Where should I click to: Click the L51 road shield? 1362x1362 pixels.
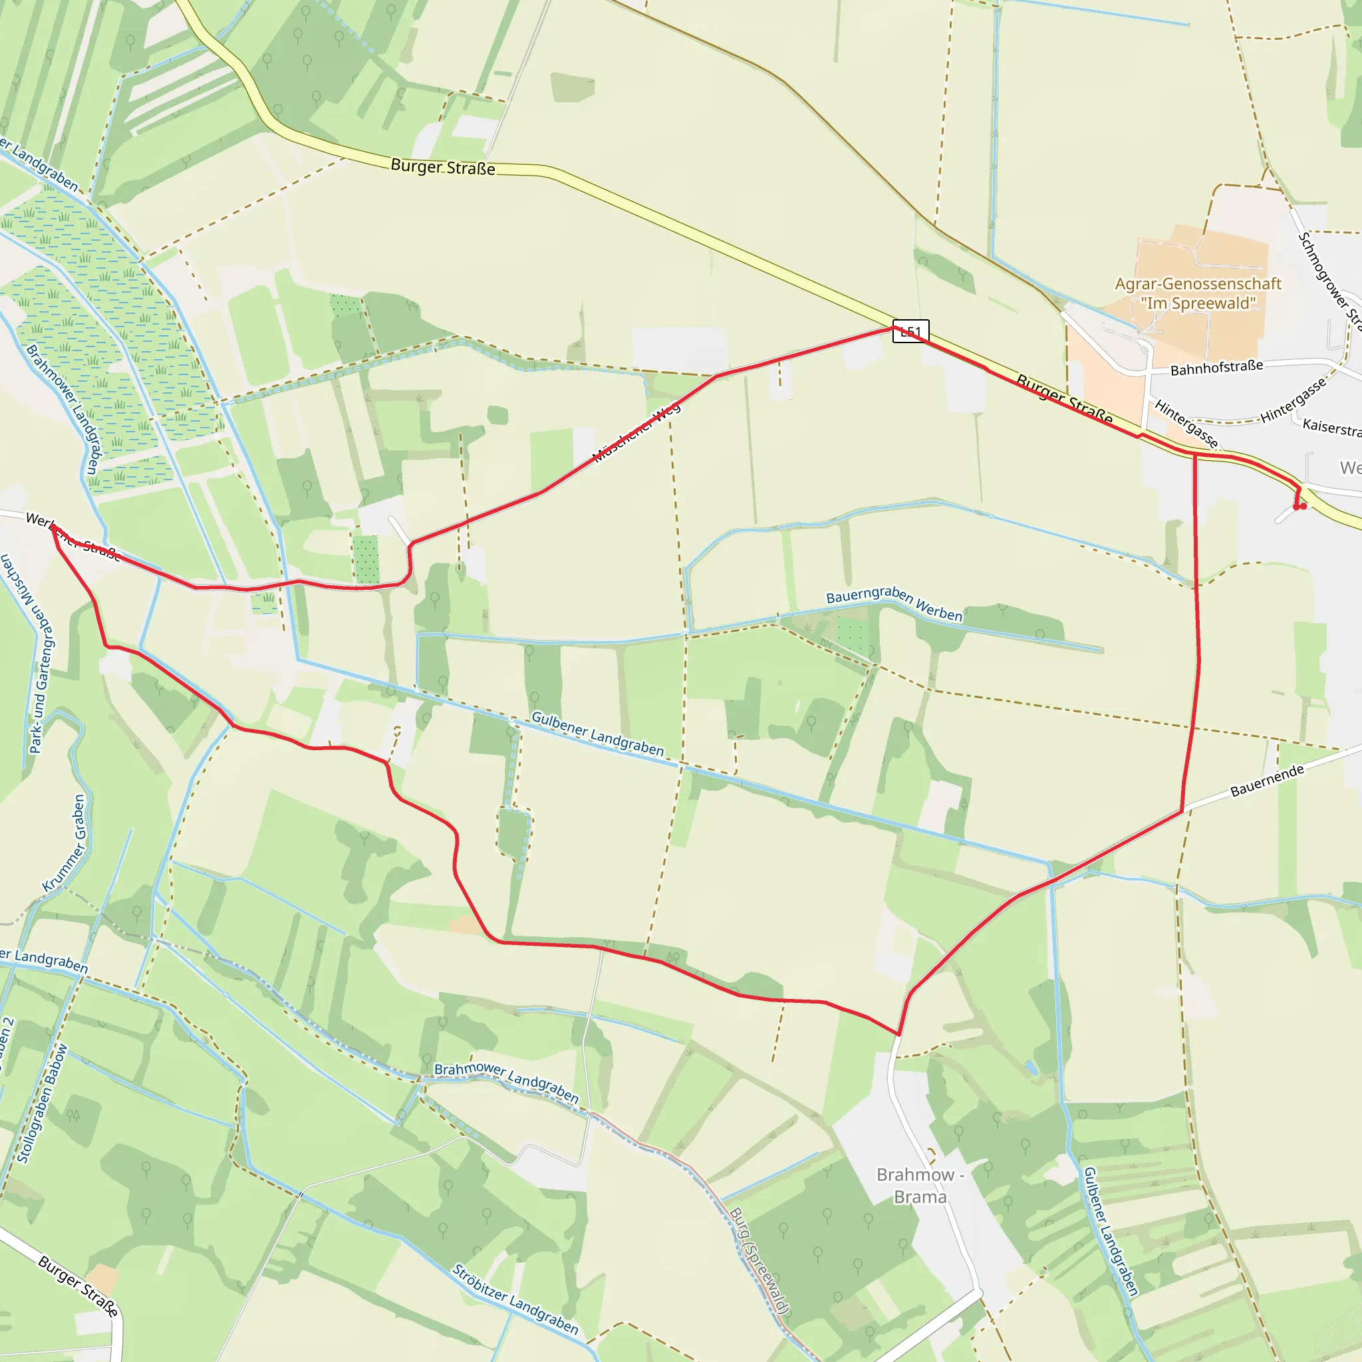coord(910,331)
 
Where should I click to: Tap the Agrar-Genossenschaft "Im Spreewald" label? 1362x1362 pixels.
coord(1198,293)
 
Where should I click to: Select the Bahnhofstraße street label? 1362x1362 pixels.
coord(1217,367)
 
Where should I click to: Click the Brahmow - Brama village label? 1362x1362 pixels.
coord(920,1185)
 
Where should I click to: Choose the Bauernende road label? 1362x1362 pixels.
coord(1267,781)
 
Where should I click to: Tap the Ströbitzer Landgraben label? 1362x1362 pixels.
coord(515,1299)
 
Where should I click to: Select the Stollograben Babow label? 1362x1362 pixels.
coord(43,1104)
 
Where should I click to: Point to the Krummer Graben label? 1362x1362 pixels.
coord(65,843)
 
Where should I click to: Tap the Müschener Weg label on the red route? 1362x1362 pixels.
coord(636,432)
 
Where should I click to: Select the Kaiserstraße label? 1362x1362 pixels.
coord(1331,427)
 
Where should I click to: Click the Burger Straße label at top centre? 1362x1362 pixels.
coord(443,167)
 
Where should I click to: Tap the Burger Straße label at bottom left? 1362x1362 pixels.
coord(78,1285)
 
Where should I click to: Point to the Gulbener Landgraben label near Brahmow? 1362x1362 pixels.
coord(1111,1230)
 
